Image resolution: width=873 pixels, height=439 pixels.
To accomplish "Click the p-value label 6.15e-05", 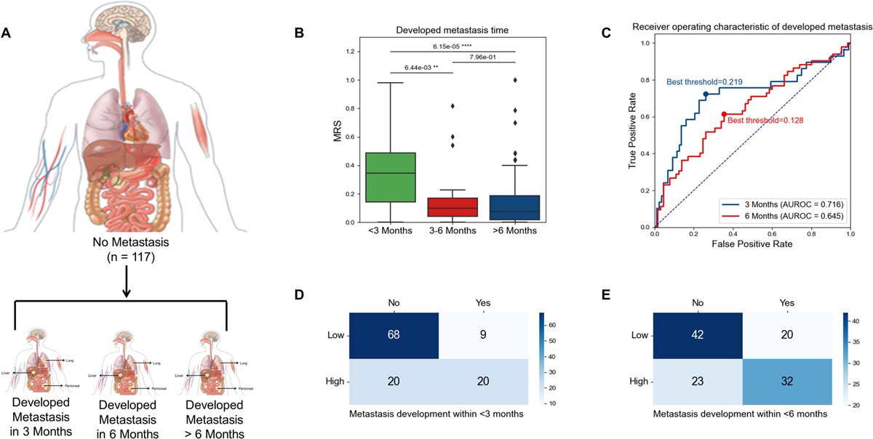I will [452, 45].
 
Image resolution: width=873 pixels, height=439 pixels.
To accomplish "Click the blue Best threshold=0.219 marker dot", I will [706, 94].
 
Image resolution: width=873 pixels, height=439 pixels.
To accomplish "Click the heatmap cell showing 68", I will [394, 336].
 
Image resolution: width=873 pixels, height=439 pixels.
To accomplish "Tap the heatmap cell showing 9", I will [482, 336].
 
